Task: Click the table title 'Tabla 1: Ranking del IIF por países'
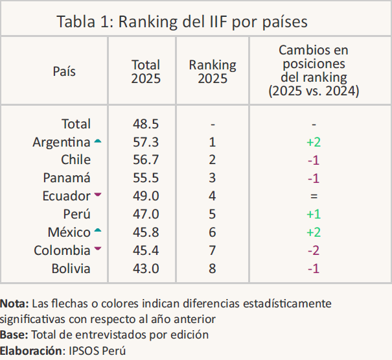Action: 182,21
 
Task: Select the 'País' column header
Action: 64,71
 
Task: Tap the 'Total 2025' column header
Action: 146,71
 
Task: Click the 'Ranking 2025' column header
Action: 213,71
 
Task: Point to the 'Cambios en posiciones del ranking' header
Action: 314,71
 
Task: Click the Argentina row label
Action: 62,142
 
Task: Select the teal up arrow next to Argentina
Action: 98,141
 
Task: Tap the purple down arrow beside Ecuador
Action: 98,194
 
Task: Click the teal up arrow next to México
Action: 98,230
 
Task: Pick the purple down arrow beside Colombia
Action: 98,248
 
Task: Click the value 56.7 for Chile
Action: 146,160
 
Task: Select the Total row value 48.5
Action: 146,124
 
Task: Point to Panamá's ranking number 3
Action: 213,178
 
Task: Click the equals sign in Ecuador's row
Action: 314,196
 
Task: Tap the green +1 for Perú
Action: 314,214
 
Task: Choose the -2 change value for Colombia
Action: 314,250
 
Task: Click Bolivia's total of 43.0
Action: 146,269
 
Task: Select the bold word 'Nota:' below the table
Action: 14,304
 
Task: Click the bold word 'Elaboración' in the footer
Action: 30,351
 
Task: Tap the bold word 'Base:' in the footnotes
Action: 14,335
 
